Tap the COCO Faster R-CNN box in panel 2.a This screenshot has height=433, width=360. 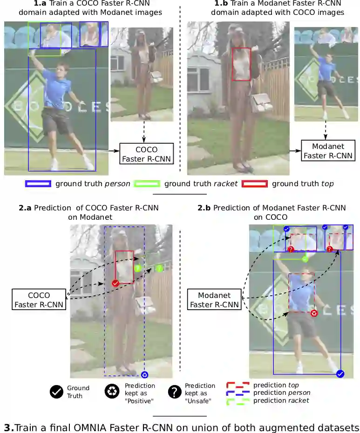click(39, 300)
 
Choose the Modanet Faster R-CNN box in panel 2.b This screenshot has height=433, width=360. click(214, 300)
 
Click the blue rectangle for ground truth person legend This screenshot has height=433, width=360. click(38, 183)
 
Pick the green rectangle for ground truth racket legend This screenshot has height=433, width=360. click(147, 183)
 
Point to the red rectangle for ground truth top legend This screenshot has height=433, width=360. click(254, 183)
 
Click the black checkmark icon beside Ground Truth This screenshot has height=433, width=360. click(56, 392)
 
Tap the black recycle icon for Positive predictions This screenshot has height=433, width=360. click(112, 392)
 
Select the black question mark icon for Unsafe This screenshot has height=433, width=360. click(174, 392)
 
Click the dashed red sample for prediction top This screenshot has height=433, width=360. click(238, 386)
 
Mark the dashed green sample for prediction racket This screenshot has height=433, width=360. click(238, 401)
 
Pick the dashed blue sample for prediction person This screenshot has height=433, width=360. click(238, 393)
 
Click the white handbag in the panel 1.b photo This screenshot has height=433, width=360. click(262, 103)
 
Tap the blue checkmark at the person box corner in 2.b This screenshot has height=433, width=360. click(340, 373)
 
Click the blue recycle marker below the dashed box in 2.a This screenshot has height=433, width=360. click(144, 375)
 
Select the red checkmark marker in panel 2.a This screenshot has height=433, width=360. click(115, 283)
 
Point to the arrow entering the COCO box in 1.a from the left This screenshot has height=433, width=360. click(114, 151)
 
